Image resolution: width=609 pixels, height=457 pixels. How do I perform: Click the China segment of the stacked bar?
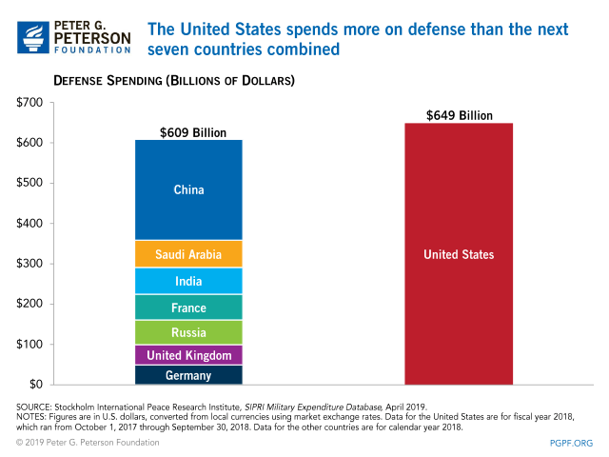pyautogui.click(x=188, y=190)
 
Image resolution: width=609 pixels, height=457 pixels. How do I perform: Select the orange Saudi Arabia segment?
pyautogui.click(x=188, y=254)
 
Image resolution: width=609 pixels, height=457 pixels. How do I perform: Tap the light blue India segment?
pyautogui.click(x=188, y=281)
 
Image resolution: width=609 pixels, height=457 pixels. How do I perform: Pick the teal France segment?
pyautogui.click(x=188, y=308)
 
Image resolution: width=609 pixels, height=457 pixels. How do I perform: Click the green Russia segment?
pyautogui.click(x=188, y=332)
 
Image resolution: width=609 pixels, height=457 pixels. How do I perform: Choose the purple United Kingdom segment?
pyautogui.click(x=188, y=355)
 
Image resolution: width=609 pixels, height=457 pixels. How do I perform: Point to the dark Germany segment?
pyautogui.click(x=188, y=375)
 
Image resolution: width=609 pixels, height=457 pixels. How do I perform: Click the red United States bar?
pyautogui.click(x=459, y=254)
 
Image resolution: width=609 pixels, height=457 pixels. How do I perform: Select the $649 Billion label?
pyautogui.click(x=460, y=115)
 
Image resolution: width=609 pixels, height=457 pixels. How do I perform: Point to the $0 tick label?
pyautogui.click(x=35, y=385)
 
